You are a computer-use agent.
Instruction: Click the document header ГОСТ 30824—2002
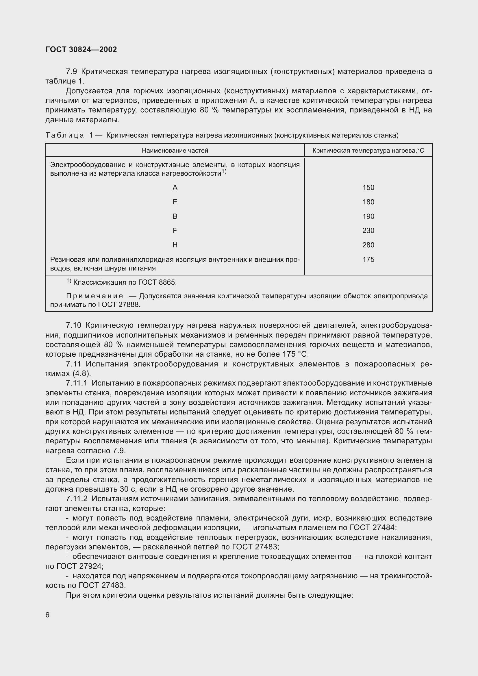[81, 49]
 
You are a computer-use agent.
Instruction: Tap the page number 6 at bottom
[47, 615]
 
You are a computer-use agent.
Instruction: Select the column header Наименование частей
[175, 151]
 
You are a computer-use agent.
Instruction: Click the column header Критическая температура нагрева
[368, 151]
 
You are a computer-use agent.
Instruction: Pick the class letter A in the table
[175, 188]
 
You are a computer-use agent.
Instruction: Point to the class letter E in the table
[175, 202]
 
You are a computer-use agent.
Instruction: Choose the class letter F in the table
[175, 231]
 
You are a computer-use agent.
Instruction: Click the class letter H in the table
[175, 245]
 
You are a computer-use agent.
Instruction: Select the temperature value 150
[368, 188]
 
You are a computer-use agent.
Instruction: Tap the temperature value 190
[368, 216]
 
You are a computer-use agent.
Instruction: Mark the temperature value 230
[368, 231]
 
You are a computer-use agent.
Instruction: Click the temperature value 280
[368, 245]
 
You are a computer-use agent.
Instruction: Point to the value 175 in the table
[368, 259]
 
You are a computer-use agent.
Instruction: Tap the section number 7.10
[73, 325]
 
